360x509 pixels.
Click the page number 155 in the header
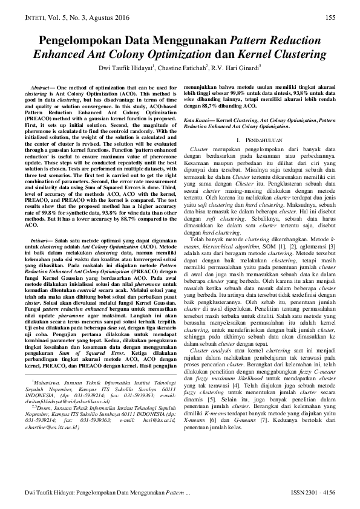pyautogui.click(x=330, y=18)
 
